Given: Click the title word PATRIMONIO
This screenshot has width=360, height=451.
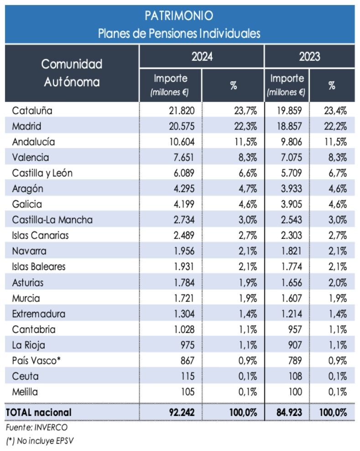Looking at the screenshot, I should click(179, 16).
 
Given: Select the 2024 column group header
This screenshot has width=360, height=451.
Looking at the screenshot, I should click(202, 57).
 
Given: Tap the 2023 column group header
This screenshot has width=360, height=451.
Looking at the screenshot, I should click(309, 57).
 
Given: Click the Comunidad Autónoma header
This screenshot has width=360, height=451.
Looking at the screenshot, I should click(72, 73).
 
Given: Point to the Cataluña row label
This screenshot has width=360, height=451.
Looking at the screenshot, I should click(32, 110).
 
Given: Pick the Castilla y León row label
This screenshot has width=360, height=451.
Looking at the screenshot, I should click(42, 173).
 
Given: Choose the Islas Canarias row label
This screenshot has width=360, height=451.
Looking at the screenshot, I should click(39, 235).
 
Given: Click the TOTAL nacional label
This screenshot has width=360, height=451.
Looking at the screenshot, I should click(38, 412).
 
